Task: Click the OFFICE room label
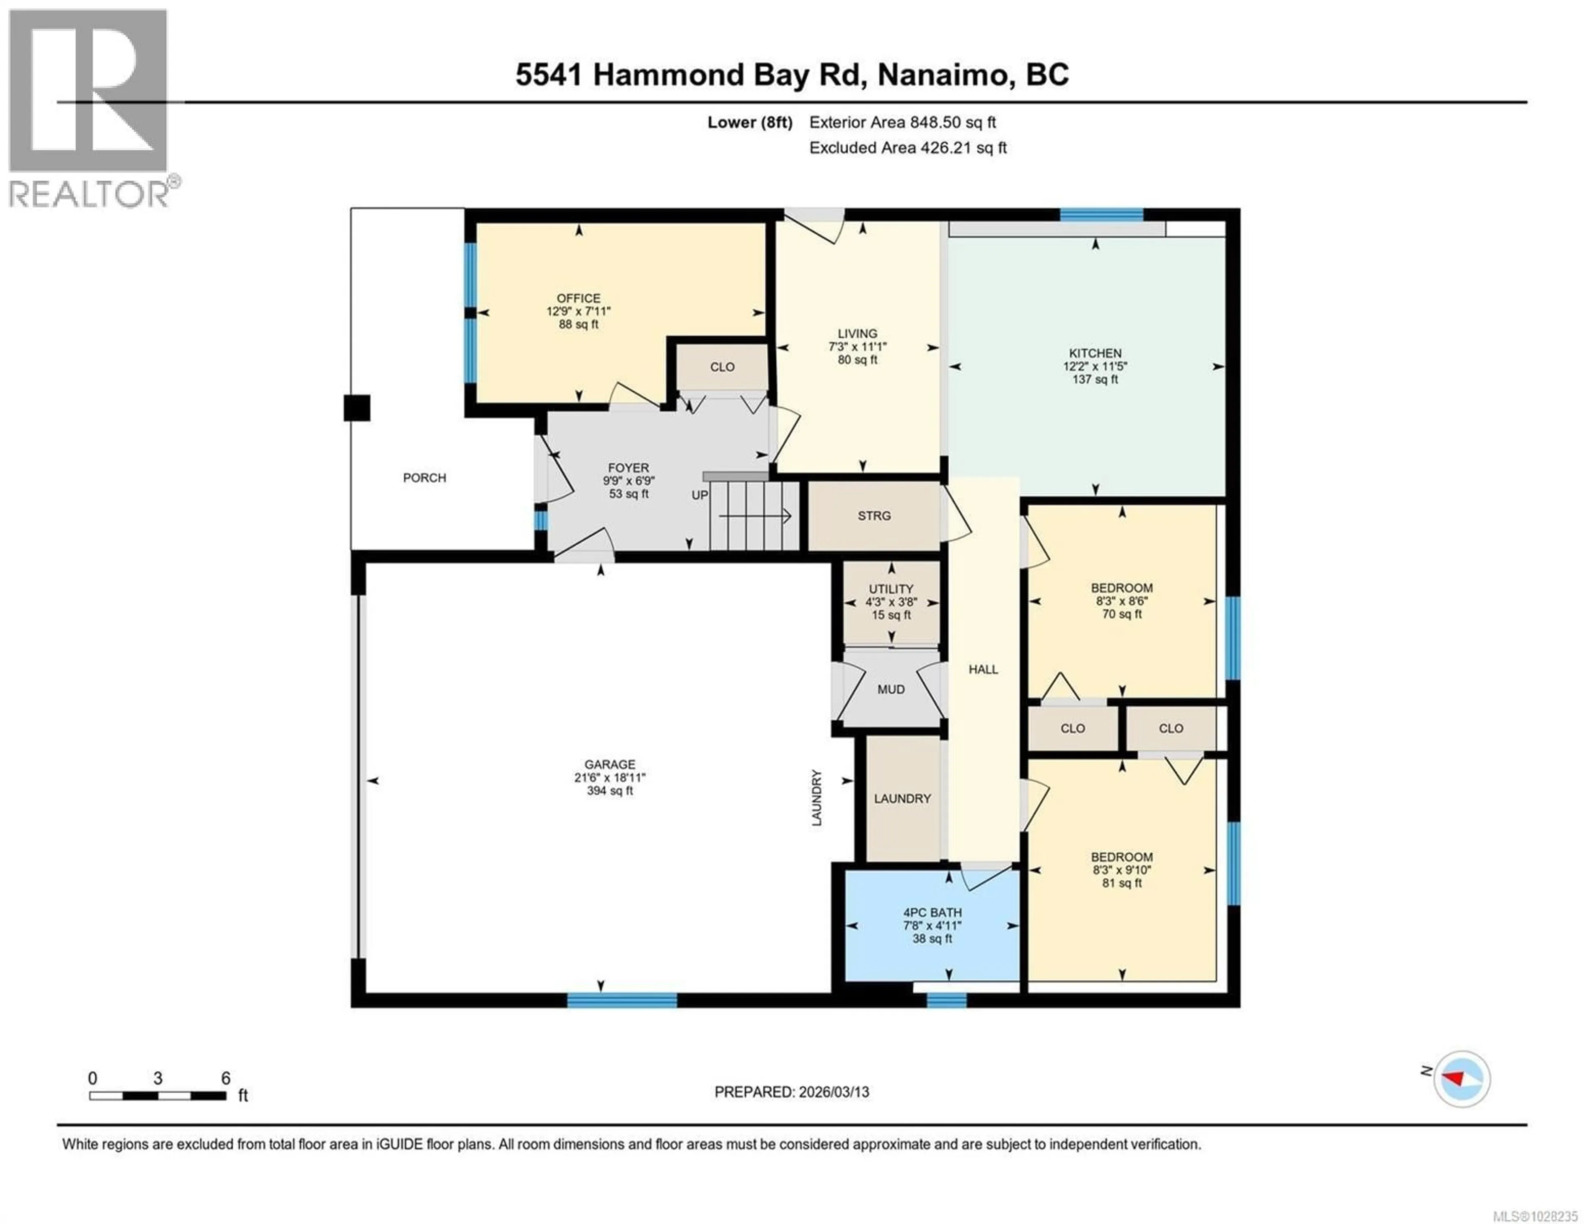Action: coord(578,298)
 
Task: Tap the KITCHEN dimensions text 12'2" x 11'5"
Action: coord(1094,366)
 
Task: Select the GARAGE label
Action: coord(609,764)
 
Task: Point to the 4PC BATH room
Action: coord(932,925)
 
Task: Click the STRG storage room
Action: coord(874,516)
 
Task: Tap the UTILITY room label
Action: coord(891,589)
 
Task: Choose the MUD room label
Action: coord(891,689)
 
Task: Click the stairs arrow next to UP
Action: coord(754,516)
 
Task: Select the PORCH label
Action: coord(424,477)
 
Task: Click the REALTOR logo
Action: coord(89,109)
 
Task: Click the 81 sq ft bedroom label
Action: coord(1121,883)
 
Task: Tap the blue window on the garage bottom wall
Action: coord(622,1000)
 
